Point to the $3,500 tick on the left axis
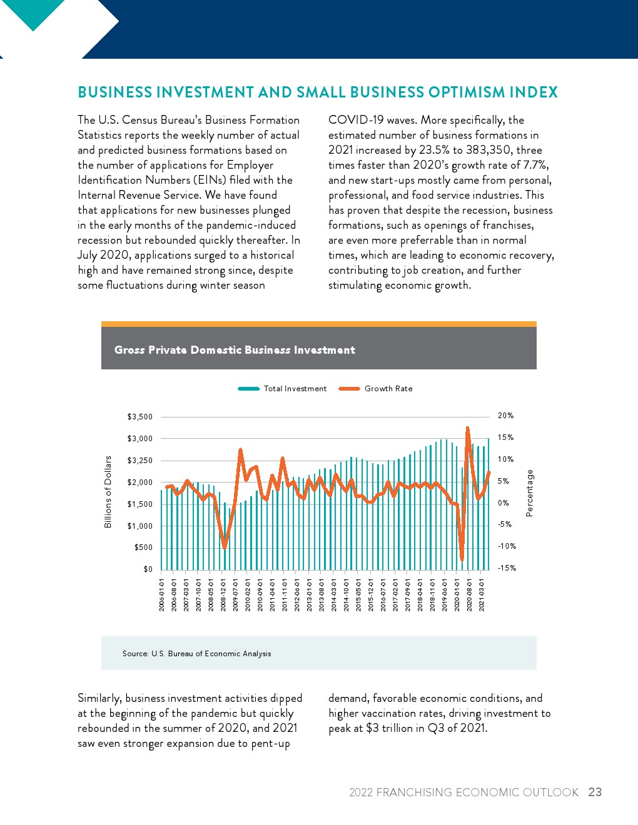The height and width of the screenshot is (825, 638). coord(140,417)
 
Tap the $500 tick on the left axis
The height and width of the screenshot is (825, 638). coord(144,547)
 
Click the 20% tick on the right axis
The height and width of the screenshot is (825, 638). coord(505,416)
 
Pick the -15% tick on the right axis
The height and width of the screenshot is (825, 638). coord(507,568)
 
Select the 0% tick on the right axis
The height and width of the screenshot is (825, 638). coord(504,503)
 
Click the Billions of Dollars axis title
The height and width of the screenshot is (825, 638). coord(108,492)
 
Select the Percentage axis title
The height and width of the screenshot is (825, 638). coord(530,493)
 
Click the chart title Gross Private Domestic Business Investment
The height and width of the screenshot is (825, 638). coord(235,350)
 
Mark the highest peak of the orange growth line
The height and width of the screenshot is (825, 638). coord(467,429)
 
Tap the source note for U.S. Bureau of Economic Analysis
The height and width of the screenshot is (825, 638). coord(197,654)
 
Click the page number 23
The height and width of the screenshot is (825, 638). coord(595,792)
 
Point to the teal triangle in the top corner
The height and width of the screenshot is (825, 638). coord(33,12)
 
